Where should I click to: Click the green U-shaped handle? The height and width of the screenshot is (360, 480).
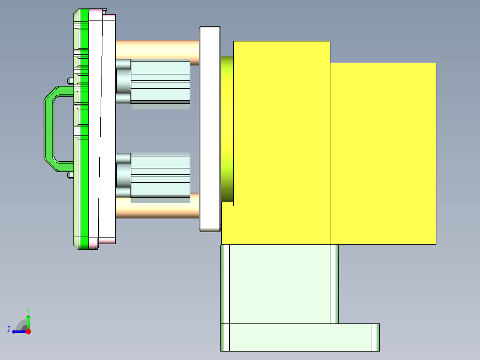[x=48, y=129]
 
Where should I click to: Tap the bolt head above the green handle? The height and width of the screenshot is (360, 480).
[x=70, y=81]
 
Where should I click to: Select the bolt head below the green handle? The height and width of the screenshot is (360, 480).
[x=70, y=175]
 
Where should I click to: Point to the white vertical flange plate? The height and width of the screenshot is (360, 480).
[x=210, y=129]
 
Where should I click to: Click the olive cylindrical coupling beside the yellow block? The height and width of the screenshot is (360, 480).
[x=227, y=129]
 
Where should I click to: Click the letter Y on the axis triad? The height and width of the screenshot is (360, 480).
[x=28, y=309]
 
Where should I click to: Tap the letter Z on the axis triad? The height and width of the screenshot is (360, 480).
[x=9, y=329]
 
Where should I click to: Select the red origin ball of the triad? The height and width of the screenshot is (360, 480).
[x=28, y=331]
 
